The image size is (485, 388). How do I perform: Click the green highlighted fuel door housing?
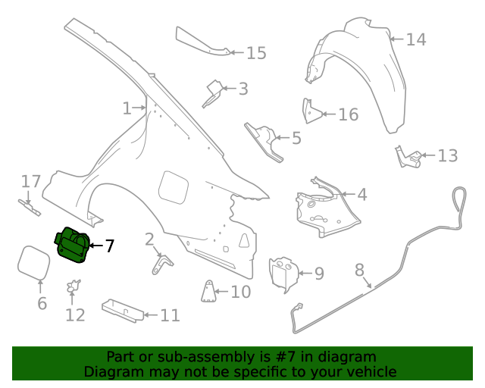tap(73, 246)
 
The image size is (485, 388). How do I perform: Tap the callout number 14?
tap(415, 39)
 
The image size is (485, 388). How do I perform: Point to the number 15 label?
tap(256, 53)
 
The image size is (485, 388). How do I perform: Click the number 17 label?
tap(30, 182)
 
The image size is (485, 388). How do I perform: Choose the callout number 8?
tap(359, 269)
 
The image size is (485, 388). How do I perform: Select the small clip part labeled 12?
tap(74, 286)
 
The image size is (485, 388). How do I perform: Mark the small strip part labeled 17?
tap(30, 207)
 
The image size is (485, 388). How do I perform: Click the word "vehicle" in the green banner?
tap(370, 371)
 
